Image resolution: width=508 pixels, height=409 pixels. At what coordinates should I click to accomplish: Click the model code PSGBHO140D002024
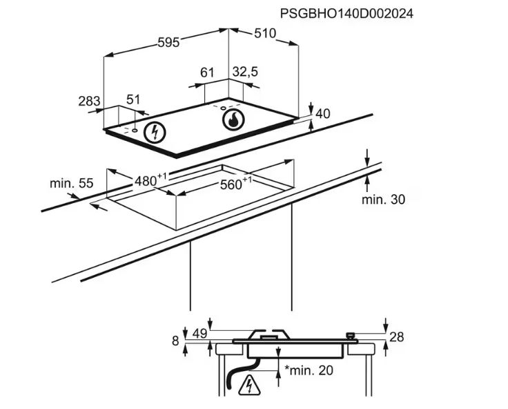coord(346,14)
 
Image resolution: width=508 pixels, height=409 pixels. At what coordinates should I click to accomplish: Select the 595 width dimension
coord(168,42)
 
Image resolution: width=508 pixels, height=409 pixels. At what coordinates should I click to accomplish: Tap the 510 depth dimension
coord(265,33)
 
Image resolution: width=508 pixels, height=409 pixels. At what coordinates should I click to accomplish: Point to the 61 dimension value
coord(207,73)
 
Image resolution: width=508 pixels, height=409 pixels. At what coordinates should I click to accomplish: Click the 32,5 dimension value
coord(245,72)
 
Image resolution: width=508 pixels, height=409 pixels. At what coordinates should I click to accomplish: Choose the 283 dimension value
coord(89,101)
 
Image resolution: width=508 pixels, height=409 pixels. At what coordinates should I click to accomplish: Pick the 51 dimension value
coord(133,99)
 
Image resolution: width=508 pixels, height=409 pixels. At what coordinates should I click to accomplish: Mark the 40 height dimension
coord(322,114)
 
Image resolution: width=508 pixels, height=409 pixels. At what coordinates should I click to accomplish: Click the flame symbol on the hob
coord(233,120)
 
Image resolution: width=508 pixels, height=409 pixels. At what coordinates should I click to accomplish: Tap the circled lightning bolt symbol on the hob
coord(155,133)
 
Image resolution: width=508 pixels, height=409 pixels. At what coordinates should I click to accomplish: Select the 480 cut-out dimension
coord(150,180)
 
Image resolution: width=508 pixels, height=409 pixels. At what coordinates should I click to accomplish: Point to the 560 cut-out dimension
coord(235,184)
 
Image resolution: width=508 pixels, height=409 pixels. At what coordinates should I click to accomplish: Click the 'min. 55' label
coord(71,183)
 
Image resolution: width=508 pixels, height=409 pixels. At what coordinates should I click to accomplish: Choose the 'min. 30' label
coord(383,200)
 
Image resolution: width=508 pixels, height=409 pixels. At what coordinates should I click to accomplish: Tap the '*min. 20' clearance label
coord(309,370)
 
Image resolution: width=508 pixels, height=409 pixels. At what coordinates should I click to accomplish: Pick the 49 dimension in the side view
coord(199,334)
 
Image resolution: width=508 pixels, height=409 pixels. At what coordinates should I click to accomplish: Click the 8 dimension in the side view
coord(175,341)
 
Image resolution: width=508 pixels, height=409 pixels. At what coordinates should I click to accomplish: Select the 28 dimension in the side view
coord(397,337)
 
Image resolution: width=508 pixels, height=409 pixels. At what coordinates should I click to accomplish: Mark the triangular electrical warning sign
coord(249,386)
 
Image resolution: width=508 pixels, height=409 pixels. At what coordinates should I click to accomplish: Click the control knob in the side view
coord(351,336)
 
